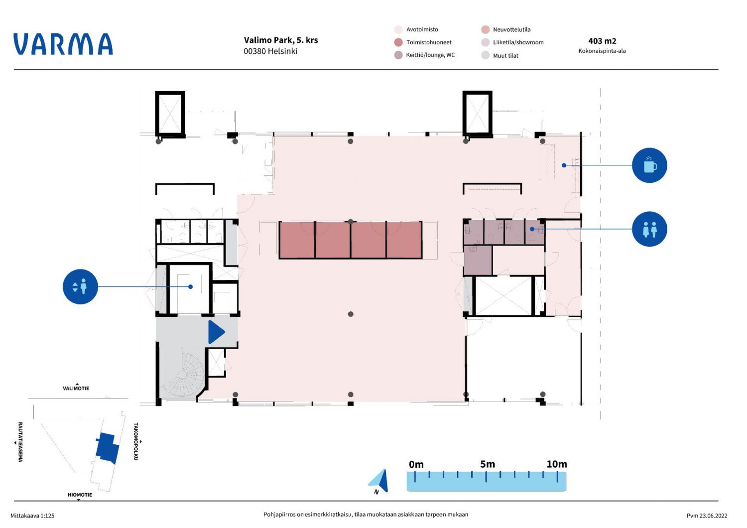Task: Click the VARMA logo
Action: point(63,44)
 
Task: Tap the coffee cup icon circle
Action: point(649,165)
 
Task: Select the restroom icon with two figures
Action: point(649,229)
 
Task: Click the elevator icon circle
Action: point(80,287)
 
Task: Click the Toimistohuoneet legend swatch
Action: point(398,42)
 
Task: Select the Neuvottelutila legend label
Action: point(511,30)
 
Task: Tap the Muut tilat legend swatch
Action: point(486,55)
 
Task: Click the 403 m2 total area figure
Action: point(602,41)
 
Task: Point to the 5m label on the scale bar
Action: point(488,464)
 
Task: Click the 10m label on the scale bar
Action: point(557,464)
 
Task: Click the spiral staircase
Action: point(182,375)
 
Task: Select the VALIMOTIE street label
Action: point(76,388)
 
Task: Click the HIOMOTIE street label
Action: point(80,495)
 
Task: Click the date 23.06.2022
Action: point(713,516)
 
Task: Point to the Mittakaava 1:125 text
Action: point(32,516)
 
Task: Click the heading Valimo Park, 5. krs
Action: point(281,40)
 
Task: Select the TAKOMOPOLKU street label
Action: point(136,442)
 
